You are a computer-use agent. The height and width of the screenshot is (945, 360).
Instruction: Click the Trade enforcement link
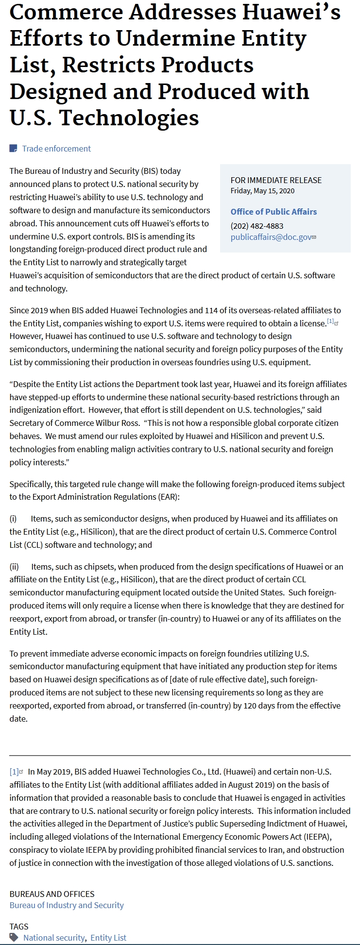pyautogui.click(x=56, y=149)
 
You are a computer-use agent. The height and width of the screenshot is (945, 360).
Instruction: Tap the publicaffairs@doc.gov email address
pyautogui.click(x=271, y=237)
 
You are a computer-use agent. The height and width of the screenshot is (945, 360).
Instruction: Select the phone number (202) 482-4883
pyautogui.click(x=257, y=226)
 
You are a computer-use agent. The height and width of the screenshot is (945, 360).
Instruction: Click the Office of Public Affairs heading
pyautogui.click(x=274, y=212)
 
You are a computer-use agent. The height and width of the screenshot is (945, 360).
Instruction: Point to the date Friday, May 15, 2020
pyautogui.click(x=262, y=191)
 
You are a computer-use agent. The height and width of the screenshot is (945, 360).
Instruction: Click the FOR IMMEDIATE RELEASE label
pyautogui.click(x=276, y=180)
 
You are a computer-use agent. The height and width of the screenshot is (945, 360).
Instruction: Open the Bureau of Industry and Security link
pyautogui.click(x=67, y=905)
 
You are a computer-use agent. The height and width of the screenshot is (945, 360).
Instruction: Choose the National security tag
pyautogui.click(x=54, y=938)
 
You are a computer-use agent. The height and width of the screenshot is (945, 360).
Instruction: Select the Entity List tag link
pyautogui.click(x=108, y=938)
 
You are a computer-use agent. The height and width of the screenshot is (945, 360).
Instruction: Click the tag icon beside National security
pyautogui.click(x=14, y=937)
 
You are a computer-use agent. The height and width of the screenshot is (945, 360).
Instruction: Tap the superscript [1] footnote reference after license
pyautogui.click(x=330, y=321)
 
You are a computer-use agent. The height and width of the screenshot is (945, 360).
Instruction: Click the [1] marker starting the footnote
pyautogui.click(x=14, y=772)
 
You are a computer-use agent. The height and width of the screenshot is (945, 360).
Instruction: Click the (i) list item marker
pyautogui.click(x=13, y=519)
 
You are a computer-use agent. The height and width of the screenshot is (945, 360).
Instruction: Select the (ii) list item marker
pyautogui.click(x=14, y=567)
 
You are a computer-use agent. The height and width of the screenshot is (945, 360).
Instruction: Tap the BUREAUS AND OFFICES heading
pyautogui.click(x=52, y=894)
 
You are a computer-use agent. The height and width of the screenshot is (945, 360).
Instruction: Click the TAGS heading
pyautogui.click(x=19, y=927)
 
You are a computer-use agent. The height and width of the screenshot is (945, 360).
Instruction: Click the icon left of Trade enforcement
pyautogui.click(x=14, y=149)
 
